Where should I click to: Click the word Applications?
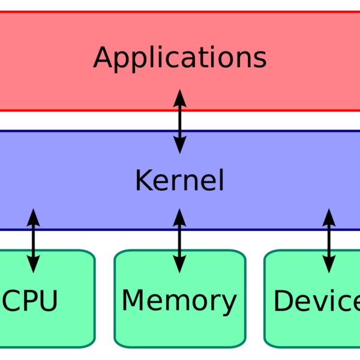179,59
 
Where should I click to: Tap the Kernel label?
179,181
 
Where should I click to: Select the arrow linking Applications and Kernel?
179,121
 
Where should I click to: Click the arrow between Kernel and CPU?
34,240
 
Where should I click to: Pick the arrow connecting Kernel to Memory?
179,240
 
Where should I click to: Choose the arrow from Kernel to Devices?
329,240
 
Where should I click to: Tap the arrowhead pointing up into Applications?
179,96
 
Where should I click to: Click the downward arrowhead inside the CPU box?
34,265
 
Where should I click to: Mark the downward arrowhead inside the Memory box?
179,265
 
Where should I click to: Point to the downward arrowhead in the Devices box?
329,265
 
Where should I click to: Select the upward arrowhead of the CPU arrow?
34,216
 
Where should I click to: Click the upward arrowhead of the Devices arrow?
329,216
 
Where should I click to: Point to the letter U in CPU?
49,301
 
